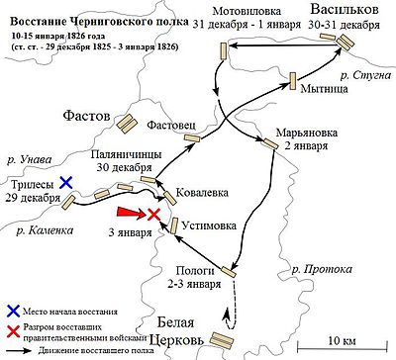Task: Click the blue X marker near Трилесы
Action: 66,182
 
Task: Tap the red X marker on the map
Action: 154,215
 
